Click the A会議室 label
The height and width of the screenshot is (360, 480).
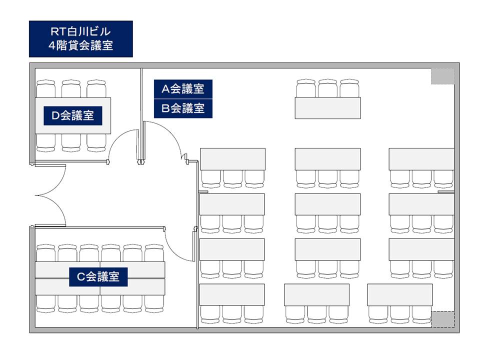pyautogui.click(x=183, y=89)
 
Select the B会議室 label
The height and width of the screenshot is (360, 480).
pyautogui.click(x=183, y=108)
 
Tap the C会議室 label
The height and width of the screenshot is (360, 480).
pyautogui.click(x=98, y=276)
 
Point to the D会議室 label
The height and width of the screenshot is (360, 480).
pyautogui.click(x=73, y=115)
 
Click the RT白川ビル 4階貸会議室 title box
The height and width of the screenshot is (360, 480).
pyautogui.click(x=81, y=39)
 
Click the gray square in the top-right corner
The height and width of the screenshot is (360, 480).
pyautogui.click(x=442, y=76)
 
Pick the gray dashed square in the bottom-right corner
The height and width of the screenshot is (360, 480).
pyautogui.click(x=442, y=319)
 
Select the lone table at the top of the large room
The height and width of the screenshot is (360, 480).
pyautogui.click(x=327, y=108)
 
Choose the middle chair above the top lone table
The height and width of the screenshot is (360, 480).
pyautogui.click(x=327, y=88)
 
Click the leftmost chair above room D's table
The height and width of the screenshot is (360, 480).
pyautogui.click(x=45, y=89)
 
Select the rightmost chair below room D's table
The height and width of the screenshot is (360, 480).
pyautogui.click(x=96, y=142)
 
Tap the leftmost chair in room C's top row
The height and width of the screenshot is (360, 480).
pyautogui.click(x=45, y=253)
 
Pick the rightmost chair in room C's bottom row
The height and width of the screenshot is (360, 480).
pyautogui.click(x=154, y=303)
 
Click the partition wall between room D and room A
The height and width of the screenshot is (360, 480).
pyautogui.click(x=141, y=115)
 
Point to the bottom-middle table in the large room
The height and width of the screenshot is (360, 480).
pyautogui.click(x=316, y=295)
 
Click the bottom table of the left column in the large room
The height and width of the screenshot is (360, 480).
pyautogui.click(x=231, y=294)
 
